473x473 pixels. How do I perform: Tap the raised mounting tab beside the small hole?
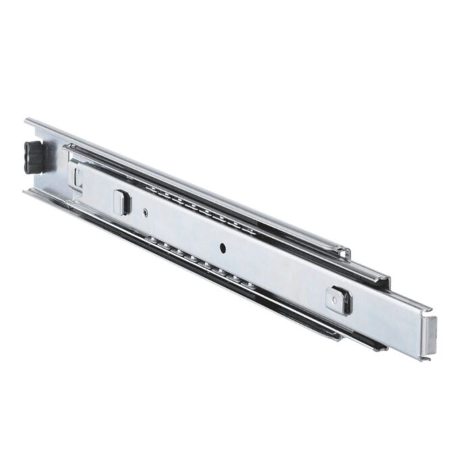(121, 202)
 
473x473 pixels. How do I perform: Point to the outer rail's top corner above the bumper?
(28, 122)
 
